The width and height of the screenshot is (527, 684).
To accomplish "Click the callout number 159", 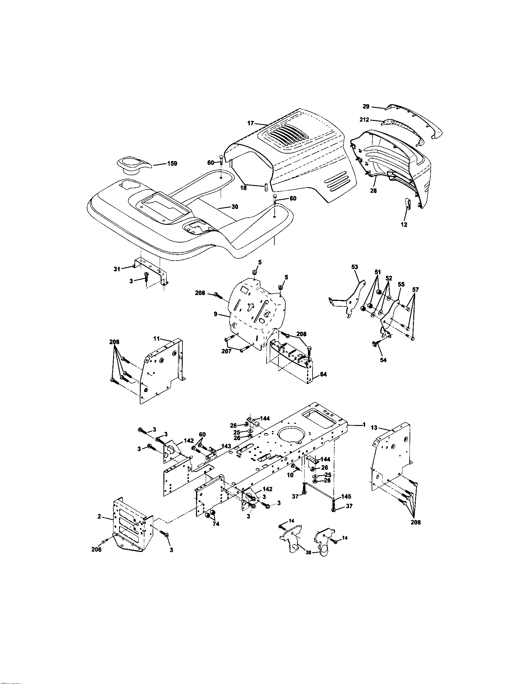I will pyautogui.click(x=172, y=164).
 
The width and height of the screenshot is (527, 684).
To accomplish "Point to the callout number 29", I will pyautogui.click(x=366, y=106).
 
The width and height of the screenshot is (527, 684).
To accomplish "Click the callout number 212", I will pyautogui.click(x=364, y=120).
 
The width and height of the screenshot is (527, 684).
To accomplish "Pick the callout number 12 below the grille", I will pyautogui.click(x=404, y=224).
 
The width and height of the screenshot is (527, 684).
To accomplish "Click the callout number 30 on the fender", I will pyautogui.click(x=235, y=207).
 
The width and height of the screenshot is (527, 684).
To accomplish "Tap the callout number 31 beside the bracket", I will pyautogui.click(x=117, y=269).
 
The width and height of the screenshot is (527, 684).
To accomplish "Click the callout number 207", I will pyautogui.click(x=226, y=351).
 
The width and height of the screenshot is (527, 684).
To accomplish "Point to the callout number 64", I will pyautogui.click(x=323, y=374).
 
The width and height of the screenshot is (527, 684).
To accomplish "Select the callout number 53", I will pyautogui.click(x=355, y=267).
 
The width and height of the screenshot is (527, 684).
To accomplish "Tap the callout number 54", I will pyautogui.click(x=383, y=360).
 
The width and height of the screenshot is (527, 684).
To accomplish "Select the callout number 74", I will pyautogui.click(x=216, y=524).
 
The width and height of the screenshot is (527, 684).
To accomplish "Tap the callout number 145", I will pyautogui.click(x=346, y=497).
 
